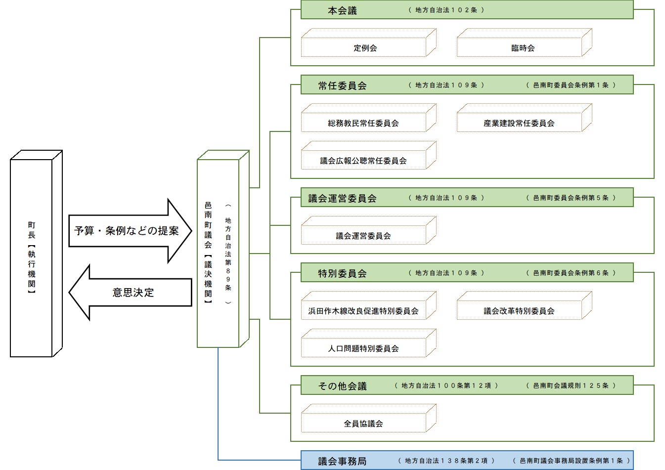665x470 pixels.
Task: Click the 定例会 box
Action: pyautogui.click(x=365, y=48)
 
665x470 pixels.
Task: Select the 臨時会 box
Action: pyautogui.click(x=523, y=48)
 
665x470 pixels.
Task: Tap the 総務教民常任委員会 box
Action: pyautogui.click(x=363, y=123)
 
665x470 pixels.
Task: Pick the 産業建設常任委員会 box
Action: pyautogui.click(x=519, y=123)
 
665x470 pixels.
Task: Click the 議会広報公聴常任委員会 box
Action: pyautogui.click(x=363, y=161)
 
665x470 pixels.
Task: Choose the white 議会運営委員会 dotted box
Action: pyautogui.click(x=363, y=236)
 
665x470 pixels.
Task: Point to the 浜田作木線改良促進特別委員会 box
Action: pyautogui.click(x=363, y=311)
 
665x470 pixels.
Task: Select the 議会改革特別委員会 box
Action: pyautogui.click(x=519, y=311)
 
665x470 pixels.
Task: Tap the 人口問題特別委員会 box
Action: pyautogui.click(x=363, y=348)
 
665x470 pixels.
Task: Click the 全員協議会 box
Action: pyautogui.click(x=363, y=424)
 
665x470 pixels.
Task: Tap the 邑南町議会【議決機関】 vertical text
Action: pyautogui.click(x=208, y=252)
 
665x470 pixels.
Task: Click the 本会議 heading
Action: pyautogui.click(x=342, y=10)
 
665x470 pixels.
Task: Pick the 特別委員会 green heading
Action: pyautogui.click(x=342, y=273)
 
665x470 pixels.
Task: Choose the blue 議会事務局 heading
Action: pyautogui.click(x=342, y=461)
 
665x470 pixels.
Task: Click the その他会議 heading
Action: pyautogui.click(x=342, y=386)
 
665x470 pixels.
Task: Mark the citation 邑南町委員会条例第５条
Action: pyautogui.click(x=571, y=198)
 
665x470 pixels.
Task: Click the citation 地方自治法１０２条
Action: pyautogui.click(x=446, y=10)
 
